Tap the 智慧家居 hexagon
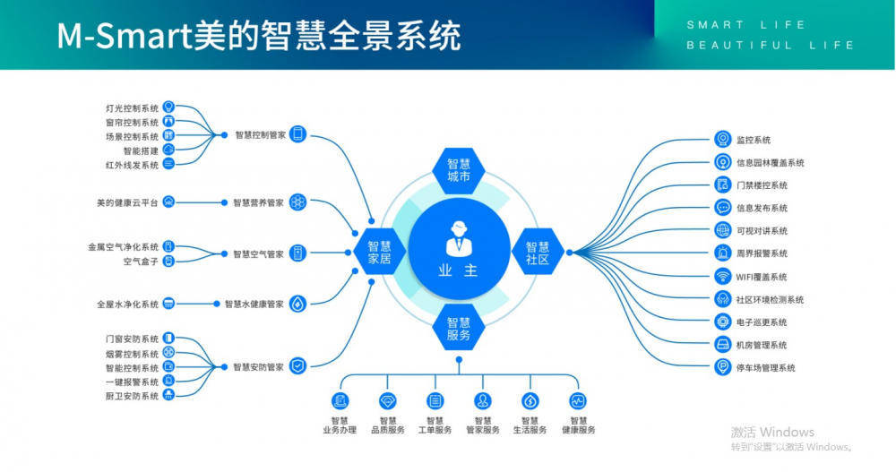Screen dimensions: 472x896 click(x=373, y=253)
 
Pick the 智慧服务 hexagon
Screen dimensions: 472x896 click(x=458, y=329)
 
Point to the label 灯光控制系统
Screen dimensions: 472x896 click(x=132, y=108)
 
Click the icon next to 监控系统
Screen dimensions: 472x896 click(x=723, y=140)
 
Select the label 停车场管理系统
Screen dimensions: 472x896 click(x=766, y=368)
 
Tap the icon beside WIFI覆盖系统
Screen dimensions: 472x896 click(x=723, y=277)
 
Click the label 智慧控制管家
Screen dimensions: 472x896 click(x=260, y=135)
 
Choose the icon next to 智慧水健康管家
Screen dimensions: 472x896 click(x=298, y=304)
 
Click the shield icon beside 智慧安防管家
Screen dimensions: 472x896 click(x=298, y=366)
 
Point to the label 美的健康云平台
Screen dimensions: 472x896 click(x=127, y=203)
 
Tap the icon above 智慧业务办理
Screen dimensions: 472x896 click(x=340, y=400)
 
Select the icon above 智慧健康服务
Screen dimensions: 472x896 click(x=578, y=400)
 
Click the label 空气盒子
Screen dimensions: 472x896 click(x=141, y=262)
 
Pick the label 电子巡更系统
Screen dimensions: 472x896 click(x=762, y=322)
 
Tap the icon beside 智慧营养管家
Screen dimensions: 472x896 click(x=298, y=203)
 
